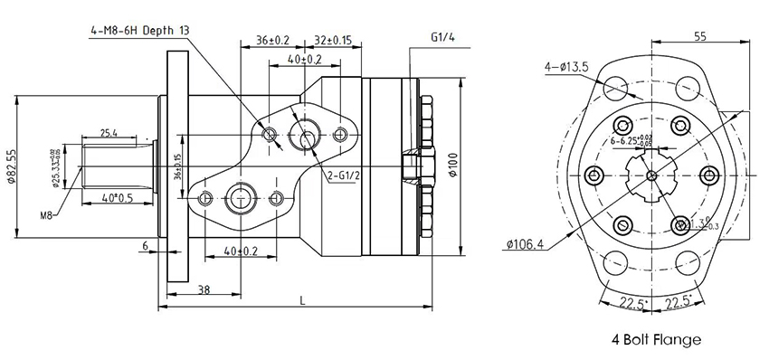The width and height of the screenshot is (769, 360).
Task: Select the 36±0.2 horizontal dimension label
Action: [272, 40]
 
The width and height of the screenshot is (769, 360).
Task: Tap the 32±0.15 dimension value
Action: [332, 40]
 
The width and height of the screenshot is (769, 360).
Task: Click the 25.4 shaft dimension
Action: [108, 133]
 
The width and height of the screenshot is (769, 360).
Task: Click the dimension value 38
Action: [204, 289]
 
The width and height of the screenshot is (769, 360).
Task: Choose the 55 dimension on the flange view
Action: [699, 36]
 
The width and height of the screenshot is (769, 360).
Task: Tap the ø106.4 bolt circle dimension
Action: [525, 244]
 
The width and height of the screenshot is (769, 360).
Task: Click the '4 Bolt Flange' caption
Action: [655, 341]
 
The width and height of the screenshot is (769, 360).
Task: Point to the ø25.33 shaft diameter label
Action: [57, 166]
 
